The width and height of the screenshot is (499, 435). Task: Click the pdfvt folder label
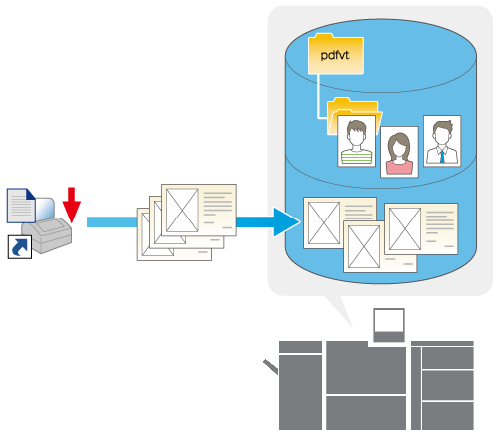click(335, 55)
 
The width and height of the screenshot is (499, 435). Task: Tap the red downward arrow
click(72, 205)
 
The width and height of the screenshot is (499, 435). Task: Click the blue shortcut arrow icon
click(20, 247)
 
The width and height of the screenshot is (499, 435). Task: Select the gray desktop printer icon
click(47, 234)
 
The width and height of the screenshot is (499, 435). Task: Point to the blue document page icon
click(21, 206)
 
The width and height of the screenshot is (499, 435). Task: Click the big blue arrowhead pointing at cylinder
click(286, 222)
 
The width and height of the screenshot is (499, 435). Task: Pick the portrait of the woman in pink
click(399, 152)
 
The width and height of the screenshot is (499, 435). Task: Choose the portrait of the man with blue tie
click(442, 141)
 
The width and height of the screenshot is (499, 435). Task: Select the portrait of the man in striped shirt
click(356, 141)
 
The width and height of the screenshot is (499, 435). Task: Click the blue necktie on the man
click(442, 157)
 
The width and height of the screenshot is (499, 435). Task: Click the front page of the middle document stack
click(199, 210)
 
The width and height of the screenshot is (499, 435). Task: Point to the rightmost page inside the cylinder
click(421, 228)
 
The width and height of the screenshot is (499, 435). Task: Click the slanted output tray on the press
click(271, 367)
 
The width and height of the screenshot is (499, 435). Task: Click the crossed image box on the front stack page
click(182, 211)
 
